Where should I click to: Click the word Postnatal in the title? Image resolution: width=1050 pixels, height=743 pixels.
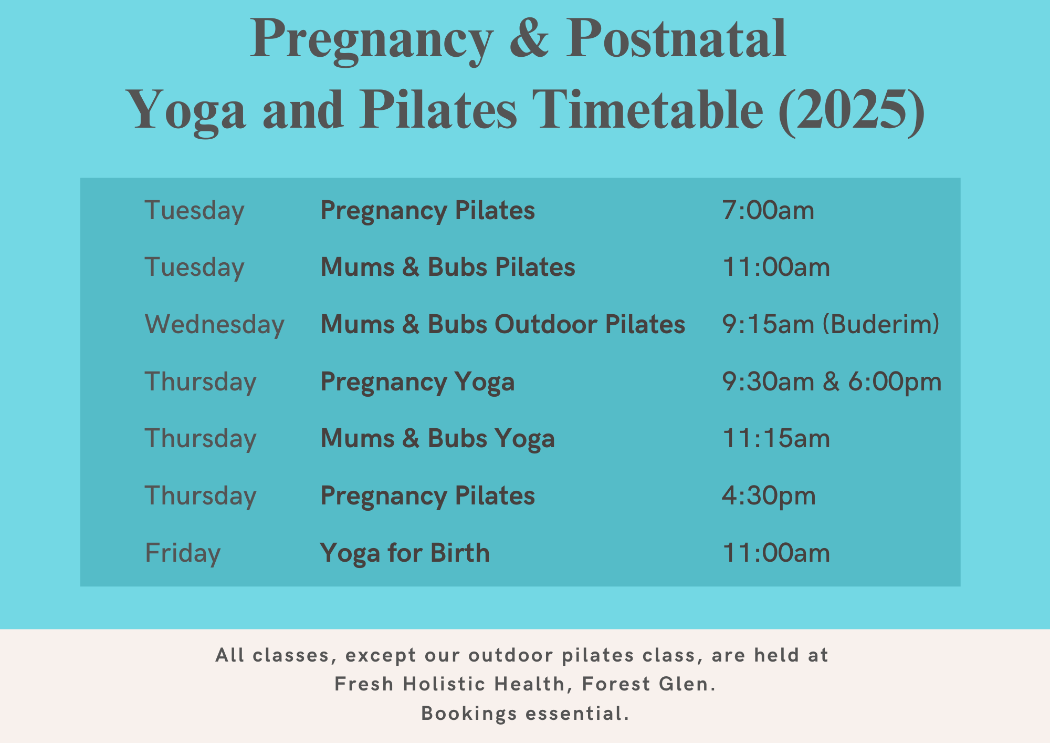click(x=676, y=38)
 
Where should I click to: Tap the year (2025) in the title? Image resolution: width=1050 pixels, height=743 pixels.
click(x=851, y=109)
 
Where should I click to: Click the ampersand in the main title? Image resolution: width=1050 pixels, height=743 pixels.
click(x=529, y=38)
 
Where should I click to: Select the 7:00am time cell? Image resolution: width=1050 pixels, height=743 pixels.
click(x=768, y=211)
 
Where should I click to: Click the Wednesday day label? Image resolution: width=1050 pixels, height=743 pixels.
click(x=214, y=324)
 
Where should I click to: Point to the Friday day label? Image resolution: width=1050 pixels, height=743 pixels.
click(x=182, y=553)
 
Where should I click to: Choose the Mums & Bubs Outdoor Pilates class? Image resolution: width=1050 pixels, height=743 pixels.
click(x=502, y=324)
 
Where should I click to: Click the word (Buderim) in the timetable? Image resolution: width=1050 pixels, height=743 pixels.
click(x=880, y=324)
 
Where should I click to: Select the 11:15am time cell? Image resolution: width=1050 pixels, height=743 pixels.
click(x=776, y=438)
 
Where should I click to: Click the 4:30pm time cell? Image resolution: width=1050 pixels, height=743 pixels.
click(x=768, y=496)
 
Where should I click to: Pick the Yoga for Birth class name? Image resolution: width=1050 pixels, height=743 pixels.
click(x=405, y=553)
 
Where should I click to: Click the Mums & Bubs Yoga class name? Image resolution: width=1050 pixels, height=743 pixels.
click(x=437, y=438)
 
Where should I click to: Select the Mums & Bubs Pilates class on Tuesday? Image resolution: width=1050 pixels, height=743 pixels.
click(x=447, y=267)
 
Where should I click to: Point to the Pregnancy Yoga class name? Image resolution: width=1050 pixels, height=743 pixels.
click(x=417, y=381)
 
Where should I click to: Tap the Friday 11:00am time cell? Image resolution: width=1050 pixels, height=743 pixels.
click(x=776, y=553)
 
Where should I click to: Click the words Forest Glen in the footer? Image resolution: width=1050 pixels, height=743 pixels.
click(x=648, y=684)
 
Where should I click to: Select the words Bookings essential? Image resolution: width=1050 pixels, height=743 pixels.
click(x=525, y=714)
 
